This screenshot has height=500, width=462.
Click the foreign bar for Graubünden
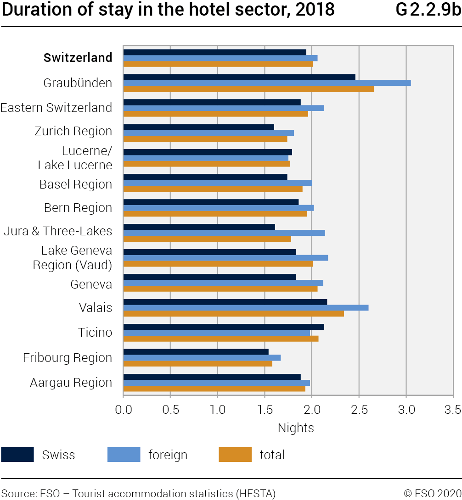pos(267,83)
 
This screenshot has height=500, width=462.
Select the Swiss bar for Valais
pos(225,302)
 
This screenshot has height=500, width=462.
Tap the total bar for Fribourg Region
pos(197,364)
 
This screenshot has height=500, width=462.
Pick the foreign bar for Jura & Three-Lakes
pos(224,233)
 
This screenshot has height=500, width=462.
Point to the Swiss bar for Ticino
pos(224,327)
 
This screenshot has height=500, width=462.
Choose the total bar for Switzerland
pos(218,64)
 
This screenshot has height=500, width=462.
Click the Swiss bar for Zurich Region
pos(198,127)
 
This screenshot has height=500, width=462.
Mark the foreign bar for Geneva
pos(223,283)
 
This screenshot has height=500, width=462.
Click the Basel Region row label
pos(76,184)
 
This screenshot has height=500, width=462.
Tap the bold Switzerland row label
pos(78,58)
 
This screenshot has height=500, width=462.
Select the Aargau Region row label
pos(71,383)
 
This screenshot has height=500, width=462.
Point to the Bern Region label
pos(78,208)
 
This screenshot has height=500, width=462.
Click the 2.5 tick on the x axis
pos(359,409)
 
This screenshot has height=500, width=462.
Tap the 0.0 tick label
pos(123,409)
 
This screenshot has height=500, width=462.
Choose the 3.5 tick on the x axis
pos(453,409)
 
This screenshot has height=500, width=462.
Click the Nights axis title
pos(296,428)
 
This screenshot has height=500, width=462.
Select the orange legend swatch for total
pos(235,455)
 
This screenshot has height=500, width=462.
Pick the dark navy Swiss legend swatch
pos(17,455)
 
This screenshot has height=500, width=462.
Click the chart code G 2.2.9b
pos(428,10)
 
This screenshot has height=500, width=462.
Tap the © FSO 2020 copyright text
pos(432,493)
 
